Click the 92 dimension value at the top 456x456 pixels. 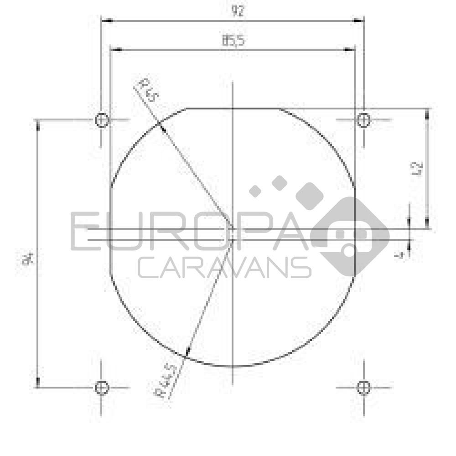click(x=238, y=11)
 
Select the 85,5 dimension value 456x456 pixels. click(x=233, y=40)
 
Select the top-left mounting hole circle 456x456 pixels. click(x=102, y=120)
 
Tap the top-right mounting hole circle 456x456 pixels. click(x=363, y=120)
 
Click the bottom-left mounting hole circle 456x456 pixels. click(x=102, y=388)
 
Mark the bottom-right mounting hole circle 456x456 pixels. click(x=363, y=388)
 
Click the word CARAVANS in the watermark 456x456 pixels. click(x=224, y=268)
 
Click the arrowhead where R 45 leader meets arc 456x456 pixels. click(x=161, y=127)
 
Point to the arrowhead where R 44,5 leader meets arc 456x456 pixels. click(x=186, y=352)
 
